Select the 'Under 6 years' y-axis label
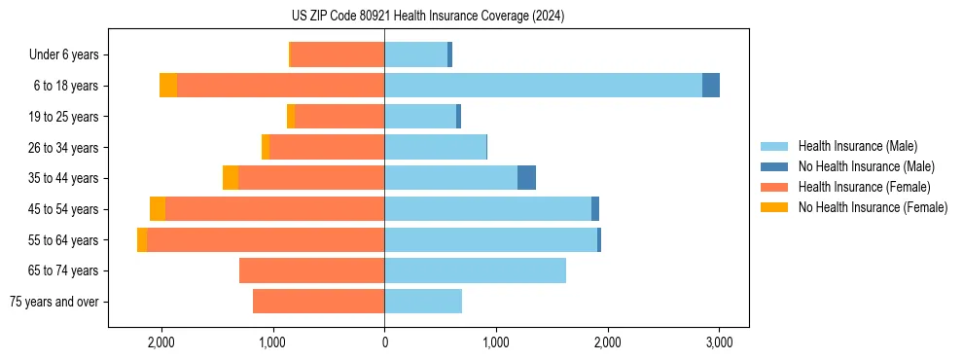63,54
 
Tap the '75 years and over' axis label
54,302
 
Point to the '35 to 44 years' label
63,178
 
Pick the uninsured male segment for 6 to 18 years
711,86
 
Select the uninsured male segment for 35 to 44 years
526,178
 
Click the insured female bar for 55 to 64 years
266,239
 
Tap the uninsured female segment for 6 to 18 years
168,86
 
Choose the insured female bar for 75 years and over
318,302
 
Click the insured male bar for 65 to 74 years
475,270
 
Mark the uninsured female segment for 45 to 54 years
158,209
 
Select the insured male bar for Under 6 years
415,54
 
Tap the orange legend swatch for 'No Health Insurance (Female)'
774,207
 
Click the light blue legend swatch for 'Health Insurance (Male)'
774,146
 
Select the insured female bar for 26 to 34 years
327,147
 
